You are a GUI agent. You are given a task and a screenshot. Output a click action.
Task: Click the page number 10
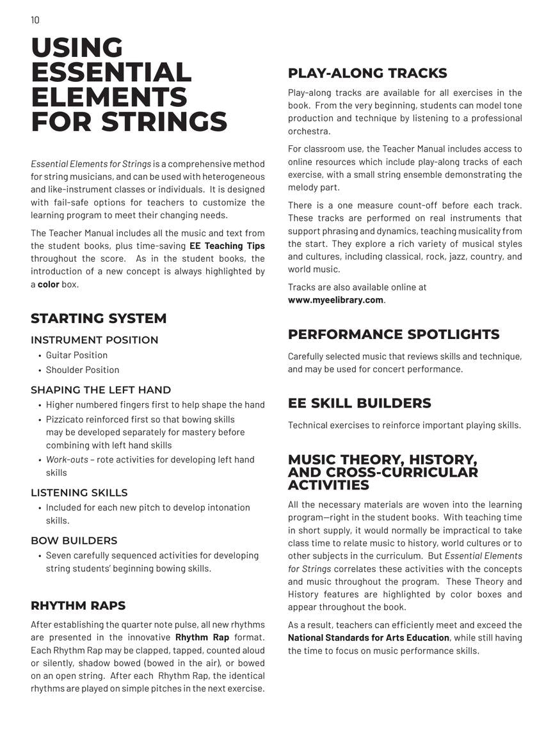coord(35,20)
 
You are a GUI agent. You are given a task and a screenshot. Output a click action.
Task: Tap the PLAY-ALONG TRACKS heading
coord(367,73)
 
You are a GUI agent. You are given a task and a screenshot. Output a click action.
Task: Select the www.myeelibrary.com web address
coord(335,299)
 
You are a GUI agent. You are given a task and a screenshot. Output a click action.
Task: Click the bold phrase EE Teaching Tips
coord(227,246)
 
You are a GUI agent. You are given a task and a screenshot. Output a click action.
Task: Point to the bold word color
coord(48,284)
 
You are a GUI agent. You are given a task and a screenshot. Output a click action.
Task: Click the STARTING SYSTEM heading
coord(99,319)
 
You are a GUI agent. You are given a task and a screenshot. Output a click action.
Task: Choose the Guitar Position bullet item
coord(76,355)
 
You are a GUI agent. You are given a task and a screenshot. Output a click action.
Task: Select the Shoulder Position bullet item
coord(82,370)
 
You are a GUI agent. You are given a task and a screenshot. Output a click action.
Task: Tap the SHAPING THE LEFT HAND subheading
coord(100,390)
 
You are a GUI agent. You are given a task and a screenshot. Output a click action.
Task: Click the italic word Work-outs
coord(67,459)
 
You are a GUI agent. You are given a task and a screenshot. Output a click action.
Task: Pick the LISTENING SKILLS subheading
coord(79,493)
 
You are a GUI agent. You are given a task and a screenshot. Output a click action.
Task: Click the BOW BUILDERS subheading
coord(74,541)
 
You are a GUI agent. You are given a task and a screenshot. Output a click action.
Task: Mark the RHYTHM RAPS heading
coord(78,605)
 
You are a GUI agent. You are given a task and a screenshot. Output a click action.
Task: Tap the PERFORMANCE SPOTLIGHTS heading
coord(393,335)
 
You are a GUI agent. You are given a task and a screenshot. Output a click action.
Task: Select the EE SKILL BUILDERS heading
coord(359,403)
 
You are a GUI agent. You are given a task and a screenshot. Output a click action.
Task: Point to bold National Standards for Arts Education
coord(368,638)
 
